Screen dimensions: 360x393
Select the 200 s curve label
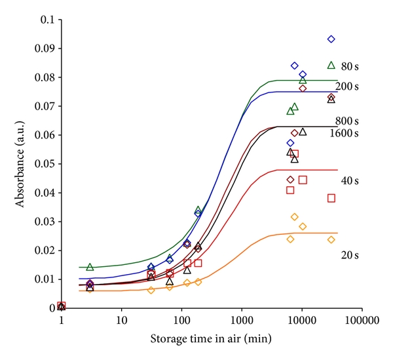tap(347, 87)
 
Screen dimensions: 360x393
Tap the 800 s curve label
tap(347, 121)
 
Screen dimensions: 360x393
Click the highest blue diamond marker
tap(331, 39)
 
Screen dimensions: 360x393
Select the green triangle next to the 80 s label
tap(331, 65)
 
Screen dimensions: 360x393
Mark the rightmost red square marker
tap(331, 198)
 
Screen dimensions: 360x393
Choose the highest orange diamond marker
tap(295, 217)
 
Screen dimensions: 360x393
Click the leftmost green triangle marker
tap(90, 267)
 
